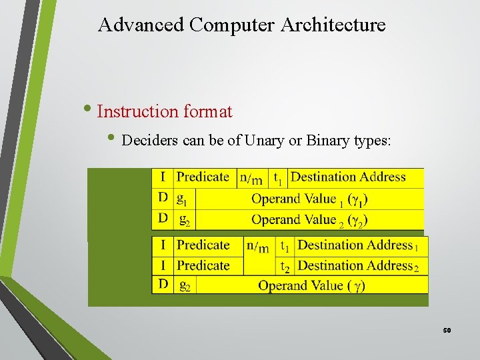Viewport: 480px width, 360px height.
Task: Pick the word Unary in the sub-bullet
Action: tap(265, 141)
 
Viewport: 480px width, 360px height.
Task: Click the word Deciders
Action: tap(148, 141)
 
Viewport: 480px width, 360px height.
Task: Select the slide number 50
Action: tap(447, 330)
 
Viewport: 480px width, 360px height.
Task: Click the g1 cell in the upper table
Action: tap(183, 199)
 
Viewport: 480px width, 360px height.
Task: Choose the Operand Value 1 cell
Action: tap(309, 199)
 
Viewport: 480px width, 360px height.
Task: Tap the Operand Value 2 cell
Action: tap(309, 219)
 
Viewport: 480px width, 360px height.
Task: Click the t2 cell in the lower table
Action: tap(285, 266)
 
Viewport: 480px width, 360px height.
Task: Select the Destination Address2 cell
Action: tap(359, 266)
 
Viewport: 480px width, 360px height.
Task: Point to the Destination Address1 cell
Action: tap(359, 245)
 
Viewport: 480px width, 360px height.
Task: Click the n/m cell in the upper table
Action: tap(251, 178)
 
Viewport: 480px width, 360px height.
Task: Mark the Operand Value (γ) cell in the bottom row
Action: tap(311, 286)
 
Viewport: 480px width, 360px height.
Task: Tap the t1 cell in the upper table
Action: tap(278, 178)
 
